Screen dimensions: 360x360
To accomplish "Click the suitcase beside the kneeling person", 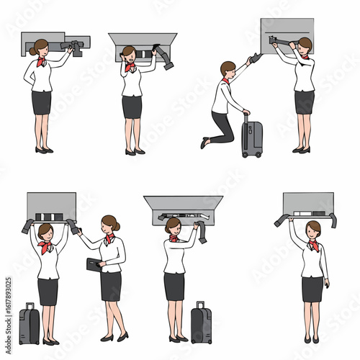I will point(252,139).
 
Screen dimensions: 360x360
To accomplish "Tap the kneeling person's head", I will point(228,70).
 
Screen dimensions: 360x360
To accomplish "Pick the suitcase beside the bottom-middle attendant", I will point(201,324).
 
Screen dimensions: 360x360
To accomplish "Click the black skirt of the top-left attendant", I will point(42,102).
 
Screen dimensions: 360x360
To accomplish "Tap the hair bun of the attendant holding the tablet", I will point(117,226).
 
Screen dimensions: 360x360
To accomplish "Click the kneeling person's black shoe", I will point(204,143).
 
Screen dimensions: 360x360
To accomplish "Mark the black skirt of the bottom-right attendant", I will point(312,289).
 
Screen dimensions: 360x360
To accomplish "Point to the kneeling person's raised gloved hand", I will point(256,58).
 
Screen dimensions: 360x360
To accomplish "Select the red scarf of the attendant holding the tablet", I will point(109,238).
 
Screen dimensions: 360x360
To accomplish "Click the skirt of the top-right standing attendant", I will point(304,102).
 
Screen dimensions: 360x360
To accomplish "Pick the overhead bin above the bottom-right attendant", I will point(307,203).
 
